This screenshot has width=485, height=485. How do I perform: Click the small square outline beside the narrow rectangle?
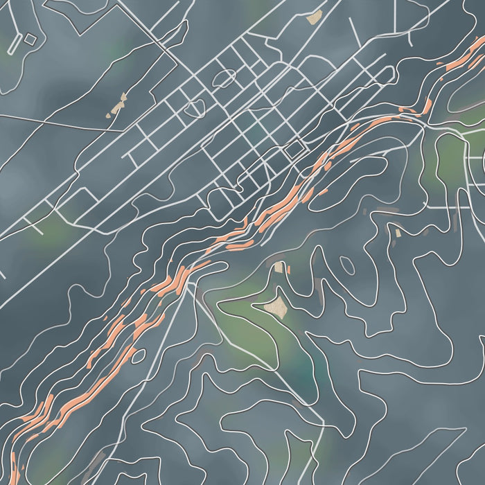tap(30, 39)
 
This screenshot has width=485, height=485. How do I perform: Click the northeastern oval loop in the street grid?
tap(225, 78)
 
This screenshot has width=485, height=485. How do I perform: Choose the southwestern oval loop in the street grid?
tap(195, 108)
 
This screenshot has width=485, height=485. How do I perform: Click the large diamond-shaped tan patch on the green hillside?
tap(278, 307)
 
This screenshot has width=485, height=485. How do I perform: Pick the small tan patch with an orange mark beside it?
tap(279, 267)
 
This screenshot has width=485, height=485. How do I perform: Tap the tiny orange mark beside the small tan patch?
tap(288, 269)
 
